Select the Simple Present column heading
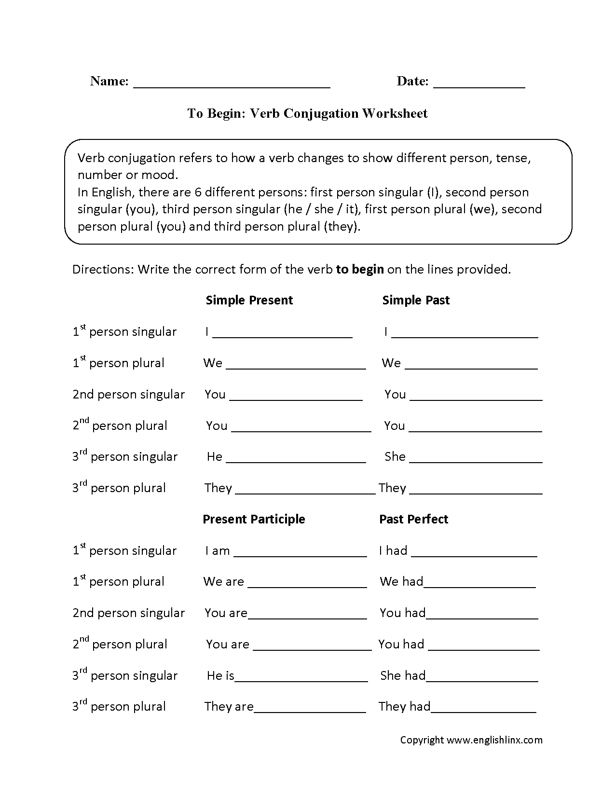249,300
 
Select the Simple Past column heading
416,300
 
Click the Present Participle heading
254,519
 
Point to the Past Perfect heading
414,519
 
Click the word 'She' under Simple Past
395,456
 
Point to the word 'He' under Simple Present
215,456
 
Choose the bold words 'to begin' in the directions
360,269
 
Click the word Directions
102,269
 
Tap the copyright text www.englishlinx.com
494,740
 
